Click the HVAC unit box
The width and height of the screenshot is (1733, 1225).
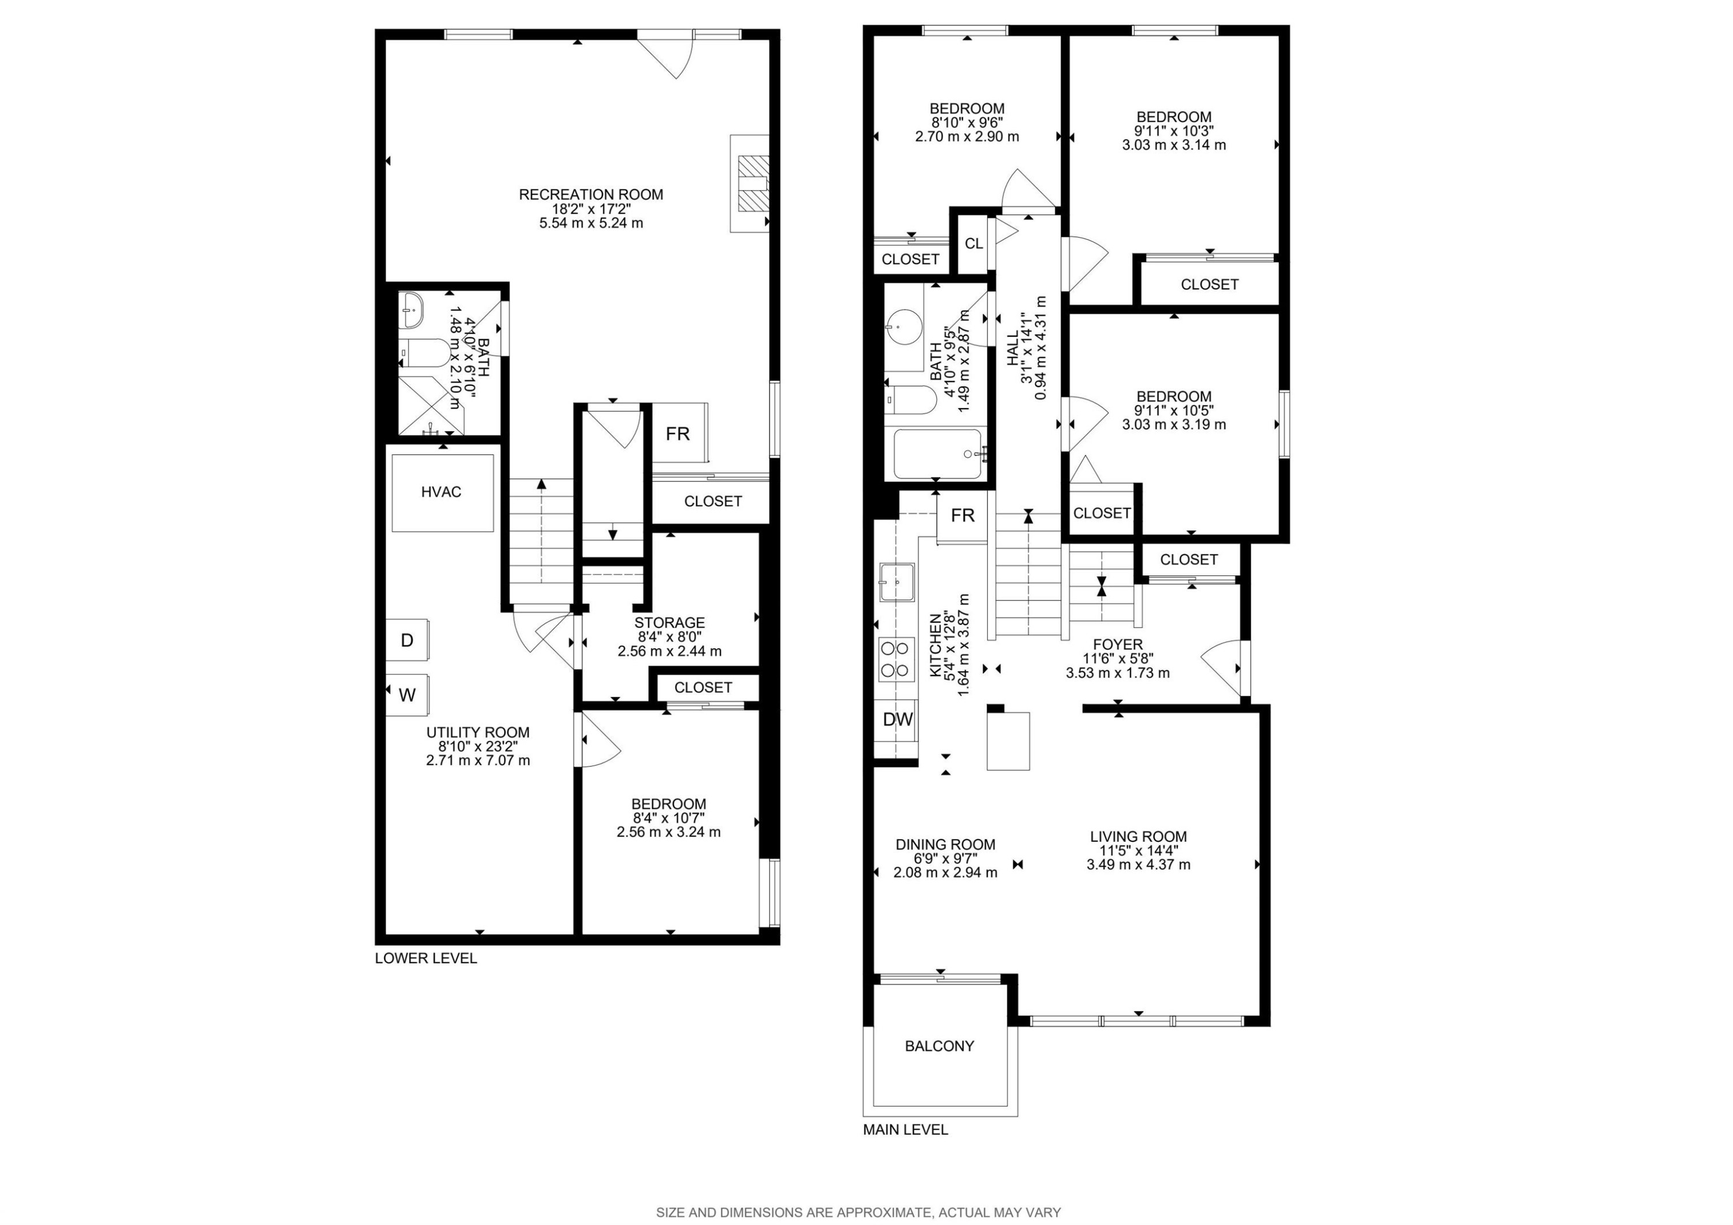click(x=443, y=493)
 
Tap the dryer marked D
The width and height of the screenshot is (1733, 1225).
click(x=408, y=640)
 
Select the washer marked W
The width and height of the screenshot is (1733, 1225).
click(x=408, y=695)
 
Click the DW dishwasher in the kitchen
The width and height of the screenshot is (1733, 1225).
click(x=898, y=719)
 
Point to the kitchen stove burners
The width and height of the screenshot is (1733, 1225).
click(x=895, y=659)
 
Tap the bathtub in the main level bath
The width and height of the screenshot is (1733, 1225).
click(x=938, y=454)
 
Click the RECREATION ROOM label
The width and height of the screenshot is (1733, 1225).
click(x=591, y=194)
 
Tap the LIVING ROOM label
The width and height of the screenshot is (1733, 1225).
click(x=1138, y=836)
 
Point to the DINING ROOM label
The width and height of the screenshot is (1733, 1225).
click(x=945, y=844)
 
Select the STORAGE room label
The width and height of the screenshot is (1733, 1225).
click(x=670, y=623)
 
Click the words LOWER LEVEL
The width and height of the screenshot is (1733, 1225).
click(x=426, y=958)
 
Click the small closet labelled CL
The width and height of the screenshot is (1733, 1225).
click(x=974, y=244)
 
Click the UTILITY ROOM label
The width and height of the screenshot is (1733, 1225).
click(x=478, y=732)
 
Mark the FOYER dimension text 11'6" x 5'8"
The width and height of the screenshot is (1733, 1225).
click(x=1118, y=658)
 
